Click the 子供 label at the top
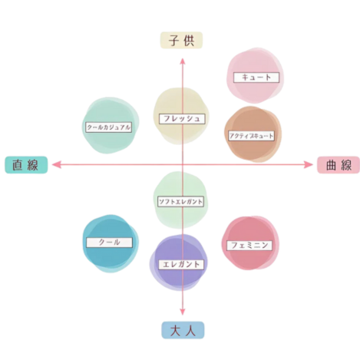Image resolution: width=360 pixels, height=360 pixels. [x=181, y=40]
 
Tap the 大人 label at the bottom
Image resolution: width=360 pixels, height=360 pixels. [x=183, y=330]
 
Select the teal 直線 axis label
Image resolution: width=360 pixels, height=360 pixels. [x=26, y=165]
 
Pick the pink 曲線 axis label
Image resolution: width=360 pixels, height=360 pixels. [x=339, y=165]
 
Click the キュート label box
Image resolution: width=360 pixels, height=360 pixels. [x=256, y=78]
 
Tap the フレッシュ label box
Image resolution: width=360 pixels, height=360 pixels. [x=182, y=119]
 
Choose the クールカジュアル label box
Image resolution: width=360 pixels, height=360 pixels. [x=109, y=127]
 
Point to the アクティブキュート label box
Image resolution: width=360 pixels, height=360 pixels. [x=251, y=136]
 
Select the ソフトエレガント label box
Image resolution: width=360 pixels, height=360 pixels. [x=180, y=202]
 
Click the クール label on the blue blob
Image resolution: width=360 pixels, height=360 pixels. [x=110, y=243]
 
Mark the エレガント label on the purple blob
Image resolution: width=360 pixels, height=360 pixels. [x=181, y=265]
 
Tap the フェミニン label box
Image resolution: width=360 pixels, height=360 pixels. [x=249, y=246]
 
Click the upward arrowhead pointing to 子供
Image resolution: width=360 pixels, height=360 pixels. [x=183, y=61]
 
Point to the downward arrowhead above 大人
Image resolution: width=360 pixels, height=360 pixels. [x=183, y=312]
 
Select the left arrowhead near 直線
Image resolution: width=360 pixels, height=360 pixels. [x=56, y=164]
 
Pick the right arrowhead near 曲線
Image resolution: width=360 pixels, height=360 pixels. [x=309, y=165]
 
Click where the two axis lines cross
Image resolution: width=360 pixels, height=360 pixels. [x=183, y=164]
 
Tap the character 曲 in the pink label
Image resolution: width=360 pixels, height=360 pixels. [x=331, y=165]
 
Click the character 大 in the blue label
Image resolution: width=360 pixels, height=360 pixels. [x=175, y=330]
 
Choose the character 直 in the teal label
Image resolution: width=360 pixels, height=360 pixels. [x=18, y=165]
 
